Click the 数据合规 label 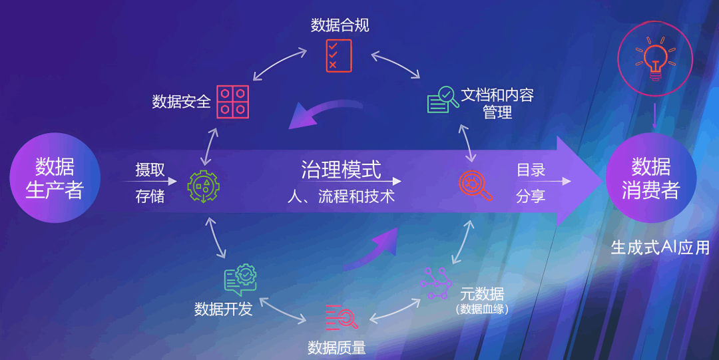pos(340,25)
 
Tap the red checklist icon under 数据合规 pos(339,55)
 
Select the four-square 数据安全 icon pos(233,102)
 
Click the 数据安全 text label pos(182,101)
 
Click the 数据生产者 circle pos(55,178)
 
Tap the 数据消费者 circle pos(651,178)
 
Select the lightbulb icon pos(655,59)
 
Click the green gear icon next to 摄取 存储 pos(204,186)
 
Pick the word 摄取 pos(150,170)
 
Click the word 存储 pos(150,196)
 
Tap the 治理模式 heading pos(341,170)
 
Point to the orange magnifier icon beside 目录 pos(475,186)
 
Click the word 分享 pos(531,196)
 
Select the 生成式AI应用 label pos(660,248)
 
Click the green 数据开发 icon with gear pos(240,279)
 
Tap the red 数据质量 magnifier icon pos(341,317)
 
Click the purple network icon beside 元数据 pos(436,283)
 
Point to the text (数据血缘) pos(483,309)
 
